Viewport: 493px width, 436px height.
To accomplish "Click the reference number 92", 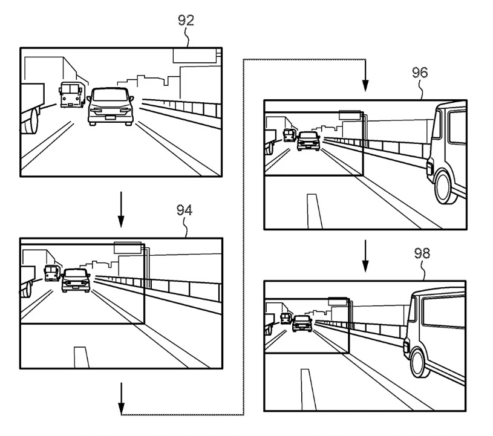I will tap(186, 21).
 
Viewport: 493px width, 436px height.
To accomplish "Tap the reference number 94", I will tap(184, 210).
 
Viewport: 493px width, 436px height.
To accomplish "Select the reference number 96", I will tap(420, 73).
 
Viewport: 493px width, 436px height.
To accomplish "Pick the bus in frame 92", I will tap(71, 95).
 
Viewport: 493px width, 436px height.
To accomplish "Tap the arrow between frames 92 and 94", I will tap(121, 209).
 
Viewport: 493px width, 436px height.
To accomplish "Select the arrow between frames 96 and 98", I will tap(365, 256).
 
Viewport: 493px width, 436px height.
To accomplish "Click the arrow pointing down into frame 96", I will tap(365, 79).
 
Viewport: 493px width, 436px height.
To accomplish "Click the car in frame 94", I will tap(76, 280).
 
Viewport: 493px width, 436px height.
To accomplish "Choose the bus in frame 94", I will tap(51, 273).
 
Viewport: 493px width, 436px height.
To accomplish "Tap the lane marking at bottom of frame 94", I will tap(80, 357).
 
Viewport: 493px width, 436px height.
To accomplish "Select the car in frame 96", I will tap(309, 141).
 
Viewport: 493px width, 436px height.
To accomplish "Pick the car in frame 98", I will tap(302, 323).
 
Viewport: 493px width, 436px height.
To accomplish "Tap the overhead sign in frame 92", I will tap(195, 55).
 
